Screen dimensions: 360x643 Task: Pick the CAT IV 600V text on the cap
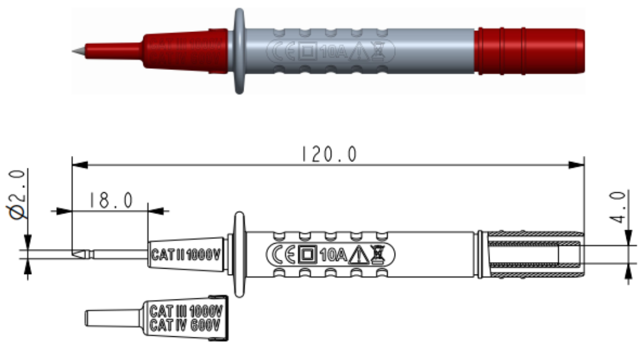click(x=185, y=325)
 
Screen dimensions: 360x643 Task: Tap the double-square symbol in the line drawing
click(x=306, y=255)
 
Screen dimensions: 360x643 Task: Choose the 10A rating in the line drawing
click(x=332, y=256)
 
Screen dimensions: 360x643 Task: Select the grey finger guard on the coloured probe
click(x=239, y=51)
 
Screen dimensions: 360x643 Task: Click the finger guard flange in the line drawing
click(x=239, y=255)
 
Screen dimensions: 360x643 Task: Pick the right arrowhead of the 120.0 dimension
click(x=578, y=164)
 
